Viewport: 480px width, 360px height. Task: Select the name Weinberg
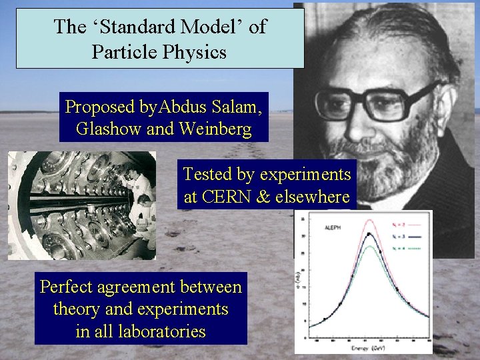tap(214, 129)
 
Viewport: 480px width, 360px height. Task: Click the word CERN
tap(236, 197)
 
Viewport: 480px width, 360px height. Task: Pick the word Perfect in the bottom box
tap(67, 287)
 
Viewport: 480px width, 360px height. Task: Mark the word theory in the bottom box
tap(77, 309)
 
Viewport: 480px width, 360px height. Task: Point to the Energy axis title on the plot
tap(363, 348)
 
